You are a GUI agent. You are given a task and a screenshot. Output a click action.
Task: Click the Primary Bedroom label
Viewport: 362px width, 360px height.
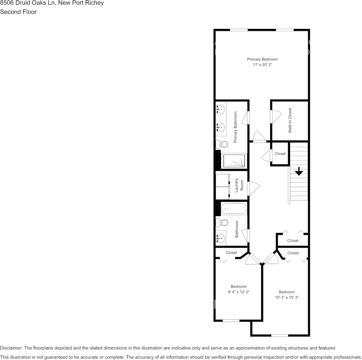[x=262, y=59]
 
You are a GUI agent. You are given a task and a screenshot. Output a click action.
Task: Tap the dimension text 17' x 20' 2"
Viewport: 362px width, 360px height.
[x=262, y=65]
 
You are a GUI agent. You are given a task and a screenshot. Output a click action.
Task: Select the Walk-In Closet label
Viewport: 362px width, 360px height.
[x=290, y=120]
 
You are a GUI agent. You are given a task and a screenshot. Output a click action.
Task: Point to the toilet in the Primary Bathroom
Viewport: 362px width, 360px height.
[x=222, y=144]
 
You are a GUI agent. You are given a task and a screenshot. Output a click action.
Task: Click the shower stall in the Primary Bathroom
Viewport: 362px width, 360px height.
[x=234, y=161]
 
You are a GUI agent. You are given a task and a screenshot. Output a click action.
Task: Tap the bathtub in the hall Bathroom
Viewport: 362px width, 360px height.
[x=234, y=209]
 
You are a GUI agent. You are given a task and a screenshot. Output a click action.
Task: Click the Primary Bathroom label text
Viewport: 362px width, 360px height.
[x=236, y=127]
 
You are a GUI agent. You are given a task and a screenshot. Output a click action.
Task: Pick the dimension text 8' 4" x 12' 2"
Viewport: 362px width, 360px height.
[x=239, y=292]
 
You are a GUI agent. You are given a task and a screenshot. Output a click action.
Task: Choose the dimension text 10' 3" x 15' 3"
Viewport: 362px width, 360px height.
[x=287, y=297]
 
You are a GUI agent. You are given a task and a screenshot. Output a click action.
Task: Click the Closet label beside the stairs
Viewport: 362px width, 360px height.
[x=280, y=154]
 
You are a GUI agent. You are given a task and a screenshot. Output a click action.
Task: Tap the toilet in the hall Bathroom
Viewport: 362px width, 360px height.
[x=222, y=223]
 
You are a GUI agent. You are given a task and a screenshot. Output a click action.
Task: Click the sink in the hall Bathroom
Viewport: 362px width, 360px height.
[x=220, y=238]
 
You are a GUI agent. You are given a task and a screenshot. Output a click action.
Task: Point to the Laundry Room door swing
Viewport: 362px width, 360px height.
[x=253, y=187]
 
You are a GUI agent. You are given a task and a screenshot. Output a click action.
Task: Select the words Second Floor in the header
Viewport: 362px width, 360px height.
[x=18, y=12]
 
